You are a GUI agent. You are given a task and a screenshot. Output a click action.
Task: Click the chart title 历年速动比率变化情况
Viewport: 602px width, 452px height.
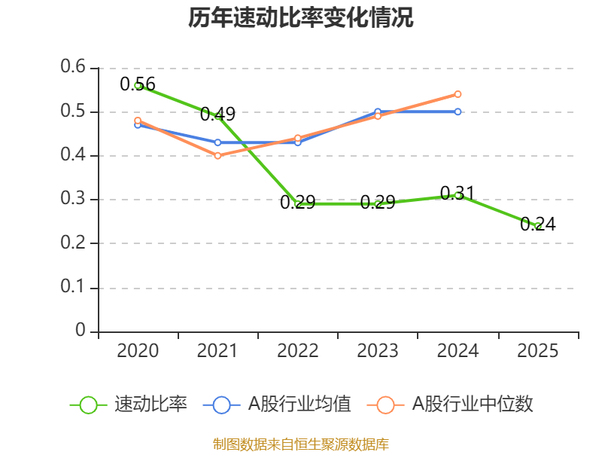[x=301, y=18]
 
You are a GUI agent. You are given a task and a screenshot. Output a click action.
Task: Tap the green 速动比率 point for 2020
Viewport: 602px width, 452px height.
[x=138, y=85]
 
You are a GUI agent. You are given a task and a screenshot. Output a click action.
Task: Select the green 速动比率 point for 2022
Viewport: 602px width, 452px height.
[x=298, y=203]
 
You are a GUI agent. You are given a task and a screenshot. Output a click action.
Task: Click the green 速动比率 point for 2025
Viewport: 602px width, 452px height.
[x=538, y=225]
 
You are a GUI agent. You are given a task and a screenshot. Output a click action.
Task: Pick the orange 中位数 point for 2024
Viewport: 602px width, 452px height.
[x=458, y=94]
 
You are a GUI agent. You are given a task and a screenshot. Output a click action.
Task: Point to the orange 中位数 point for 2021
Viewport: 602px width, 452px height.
[x=217, y=156]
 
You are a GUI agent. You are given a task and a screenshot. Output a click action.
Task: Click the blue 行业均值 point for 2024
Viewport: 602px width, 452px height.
[x=458, y=111]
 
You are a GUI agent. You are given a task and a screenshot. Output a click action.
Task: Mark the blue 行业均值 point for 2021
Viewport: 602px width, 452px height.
[x=217, y=142]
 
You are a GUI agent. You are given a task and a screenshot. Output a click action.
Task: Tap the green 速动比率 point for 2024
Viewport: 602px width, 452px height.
[x=458, y=195]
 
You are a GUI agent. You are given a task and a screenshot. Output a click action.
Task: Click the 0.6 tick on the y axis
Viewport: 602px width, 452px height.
[x=74, y=68]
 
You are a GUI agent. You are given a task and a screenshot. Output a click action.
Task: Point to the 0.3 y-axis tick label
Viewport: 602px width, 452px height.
[x=74, y=200]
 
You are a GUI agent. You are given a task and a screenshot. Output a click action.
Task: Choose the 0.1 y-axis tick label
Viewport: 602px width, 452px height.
[x=74, y=288]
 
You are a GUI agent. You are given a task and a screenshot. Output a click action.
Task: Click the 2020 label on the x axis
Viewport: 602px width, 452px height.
[x=138, y=350]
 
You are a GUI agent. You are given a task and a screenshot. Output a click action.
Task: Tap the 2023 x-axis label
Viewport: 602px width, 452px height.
[x=378, y=350]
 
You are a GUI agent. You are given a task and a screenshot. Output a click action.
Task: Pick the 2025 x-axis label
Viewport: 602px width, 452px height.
[x=538, y=350]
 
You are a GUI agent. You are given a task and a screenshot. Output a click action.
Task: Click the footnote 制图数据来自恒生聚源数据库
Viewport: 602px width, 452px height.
[x=301, y=444]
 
